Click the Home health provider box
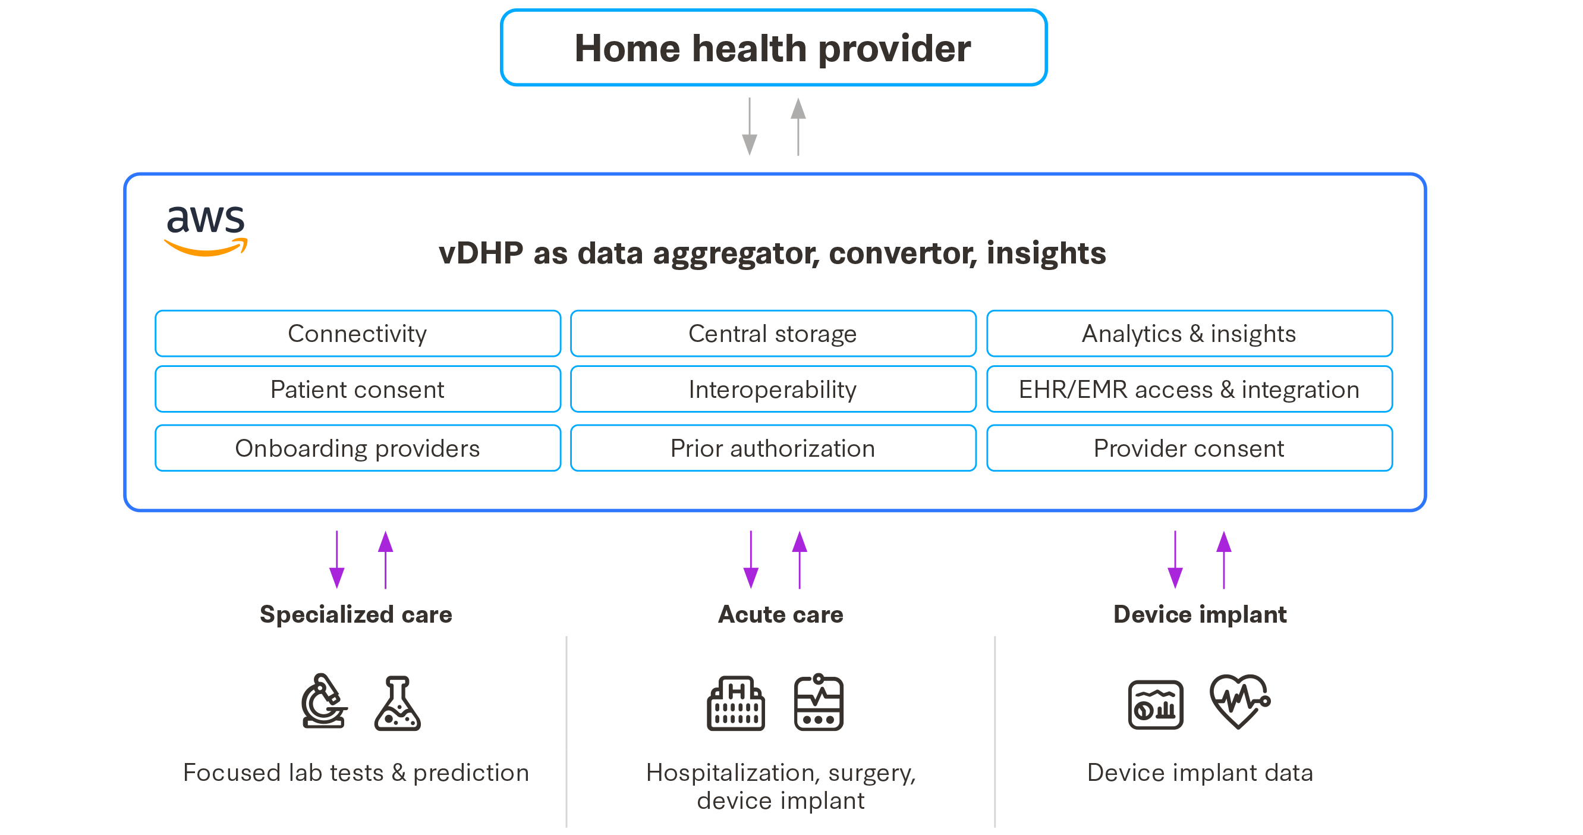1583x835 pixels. tap(773, 48)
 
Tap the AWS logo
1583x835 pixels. tap(206, 230)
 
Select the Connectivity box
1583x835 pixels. tap(358, 334)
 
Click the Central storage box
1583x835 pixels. tap(772, 334)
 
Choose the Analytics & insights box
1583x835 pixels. tap(1188, 334)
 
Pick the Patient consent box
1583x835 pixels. tap(358, 389)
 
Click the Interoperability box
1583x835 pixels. tap(772, 389)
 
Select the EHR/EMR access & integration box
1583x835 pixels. tap(1188, 389)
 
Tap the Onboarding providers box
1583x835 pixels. tap(358, 448)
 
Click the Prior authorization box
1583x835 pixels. tap(772, 448)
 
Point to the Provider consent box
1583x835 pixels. tap(1188, 448)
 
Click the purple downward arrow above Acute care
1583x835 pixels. tap(750, 560)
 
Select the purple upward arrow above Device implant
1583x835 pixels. tap(1223, 560)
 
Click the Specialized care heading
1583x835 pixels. tap(356, 614)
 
